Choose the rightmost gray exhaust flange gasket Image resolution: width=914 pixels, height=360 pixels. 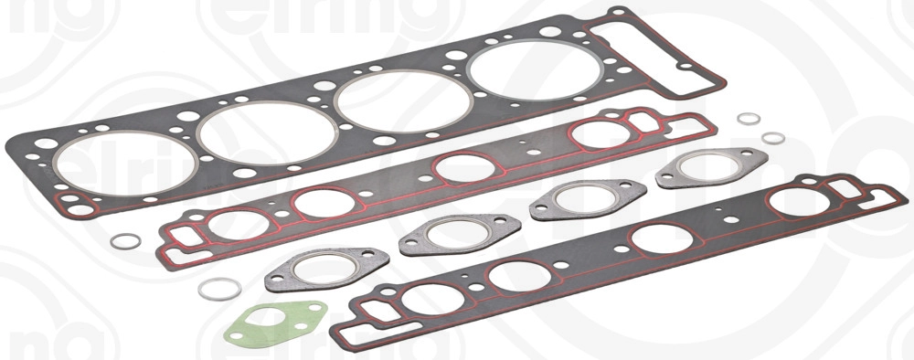704,168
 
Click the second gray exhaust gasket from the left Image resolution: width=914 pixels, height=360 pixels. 448,234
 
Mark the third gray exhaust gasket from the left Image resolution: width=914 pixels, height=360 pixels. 588,199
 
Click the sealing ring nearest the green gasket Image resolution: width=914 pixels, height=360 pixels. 219,289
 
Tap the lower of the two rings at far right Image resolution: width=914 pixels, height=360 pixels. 773,138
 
